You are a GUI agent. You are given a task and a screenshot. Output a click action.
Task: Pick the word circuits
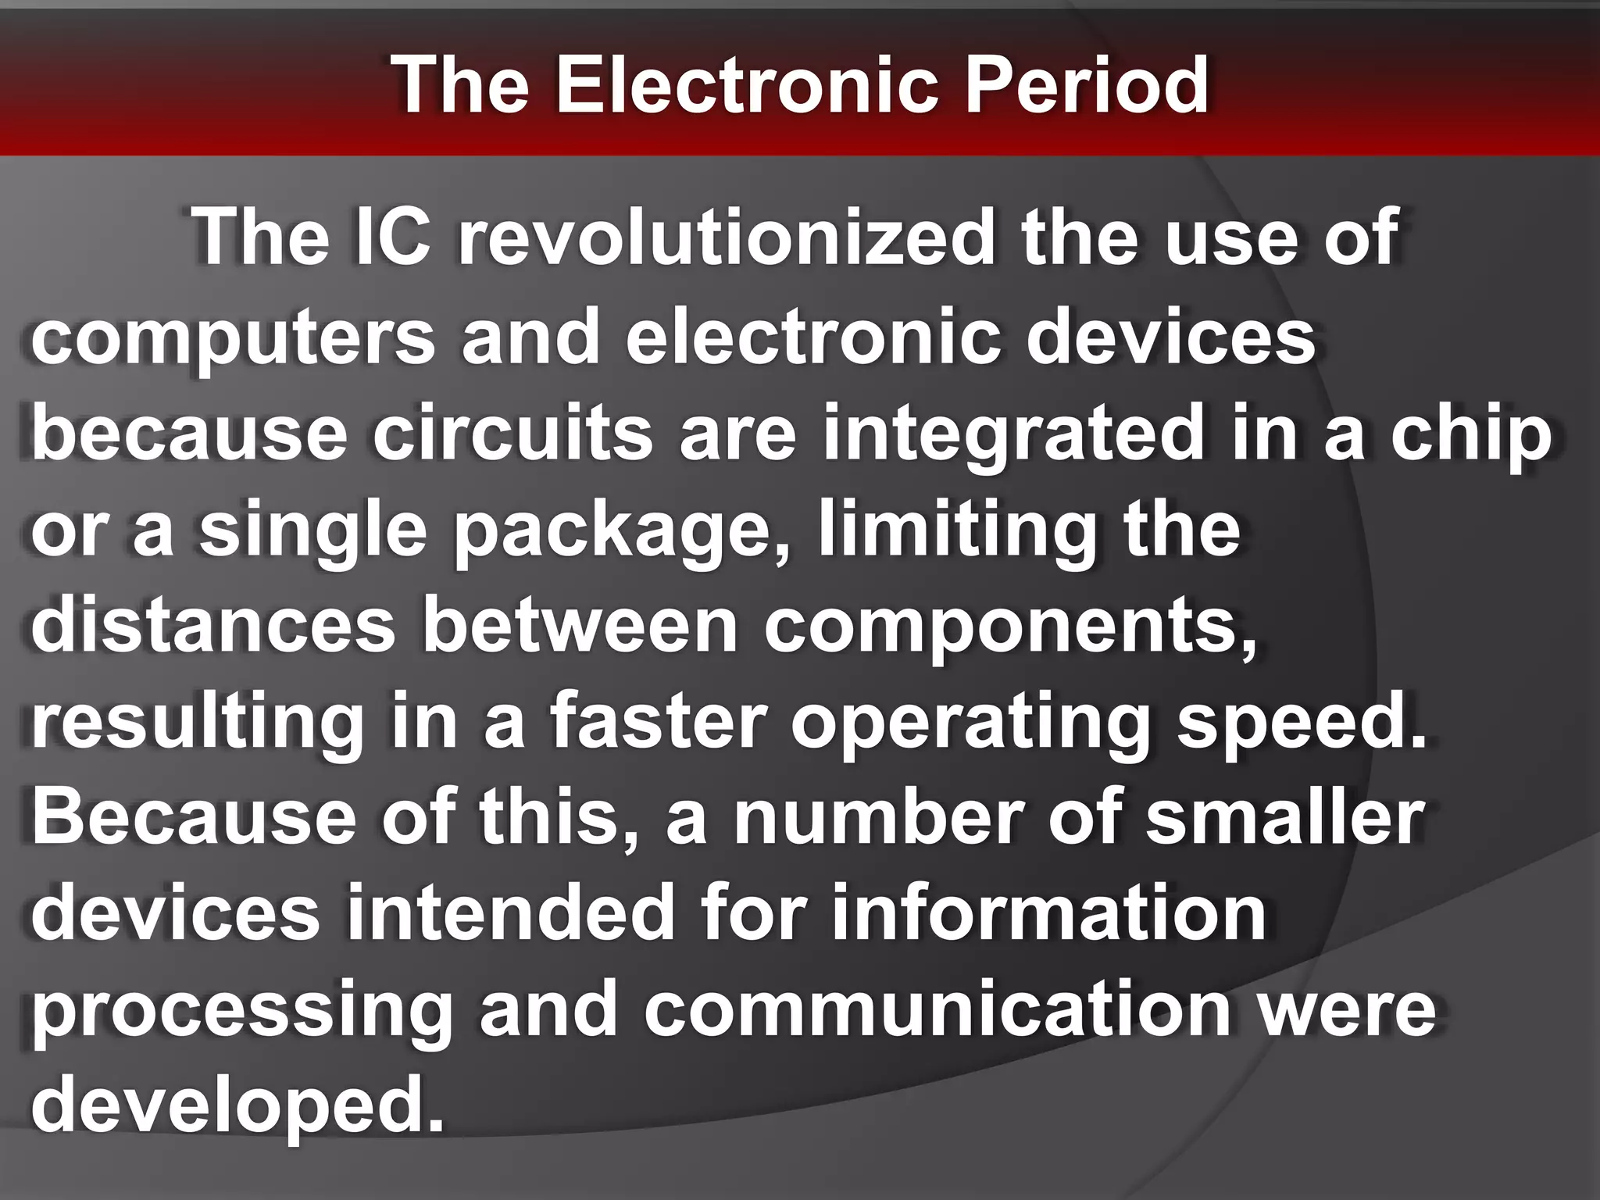[x=512, y=434]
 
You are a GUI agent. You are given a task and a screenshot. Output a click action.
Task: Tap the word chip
[x=1470, y=434]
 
